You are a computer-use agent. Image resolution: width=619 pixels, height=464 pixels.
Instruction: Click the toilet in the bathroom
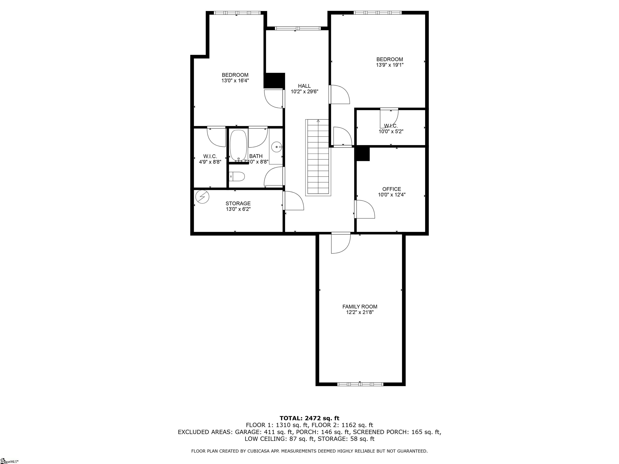pos(237,176)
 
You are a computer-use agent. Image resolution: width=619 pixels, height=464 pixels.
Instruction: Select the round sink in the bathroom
pos(276,147)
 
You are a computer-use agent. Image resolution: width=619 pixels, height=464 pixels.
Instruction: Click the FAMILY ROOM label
pos(360,307)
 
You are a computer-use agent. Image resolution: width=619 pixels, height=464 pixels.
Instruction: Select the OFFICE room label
pos(392,189)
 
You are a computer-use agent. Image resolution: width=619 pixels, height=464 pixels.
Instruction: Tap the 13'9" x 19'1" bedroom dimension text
pos(389,65)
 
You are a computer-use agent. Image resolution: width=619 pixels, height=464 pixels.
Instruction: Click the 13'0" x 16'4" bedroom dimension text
pos(235,81)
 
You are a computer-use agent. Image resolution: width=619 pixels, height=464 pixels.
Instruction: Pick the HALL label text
pos(304,86)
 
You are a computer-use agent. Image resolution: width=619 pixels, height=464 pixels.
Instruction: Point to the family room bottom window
pos(360,384)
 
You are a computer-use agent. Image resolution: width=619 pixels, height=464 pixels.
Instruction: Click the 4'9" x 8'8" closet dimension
pos(210,162)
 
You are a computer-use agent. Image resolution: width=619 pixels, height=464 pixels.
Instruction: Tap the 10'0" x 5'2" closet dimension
pos(391,132)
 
